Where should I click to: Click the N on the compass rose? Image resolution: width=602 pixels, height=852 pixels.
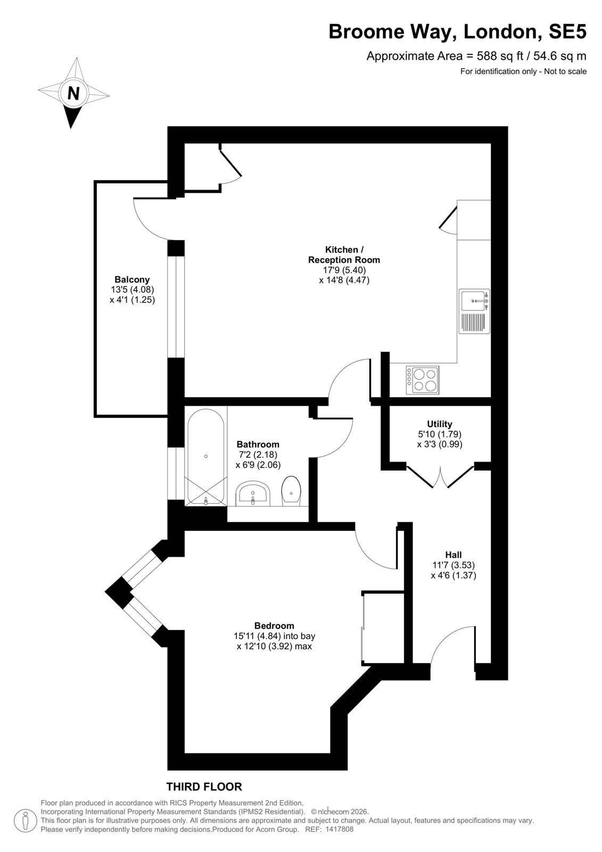[73, 93]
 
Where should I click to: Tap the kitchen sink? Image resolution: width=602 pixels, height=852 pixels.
[474, 312]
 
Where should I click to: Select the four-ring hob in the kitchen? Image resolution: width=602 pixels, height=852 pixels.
[422, 380]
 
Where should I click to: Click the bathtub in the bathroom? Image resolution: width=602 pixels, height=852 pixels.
[206, 457]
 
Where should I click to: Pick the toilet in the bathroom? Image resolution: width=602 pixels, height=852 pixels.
[291, 491]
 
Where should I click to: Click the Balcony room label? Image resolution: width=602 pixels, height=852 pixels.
[132, 280]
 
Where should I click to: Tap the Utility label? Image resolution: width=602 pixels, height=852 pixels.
[440, 424]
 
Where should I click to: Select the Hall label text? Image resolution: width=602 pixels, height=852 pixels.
[453, 555]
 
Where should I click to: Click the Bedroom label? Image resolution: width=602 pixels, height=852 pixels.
[274, 626]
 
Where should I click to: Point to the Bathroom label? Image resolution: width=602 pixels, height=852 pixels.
[258, 444]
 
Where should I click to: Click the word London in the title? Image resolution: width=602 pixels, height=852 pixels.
[503, 31]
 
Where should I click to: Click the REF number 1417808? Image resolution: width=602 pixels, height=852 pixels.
[339, 829]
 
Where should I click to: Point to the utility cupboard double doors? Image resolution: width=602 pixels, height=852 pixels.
[440, 476]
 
